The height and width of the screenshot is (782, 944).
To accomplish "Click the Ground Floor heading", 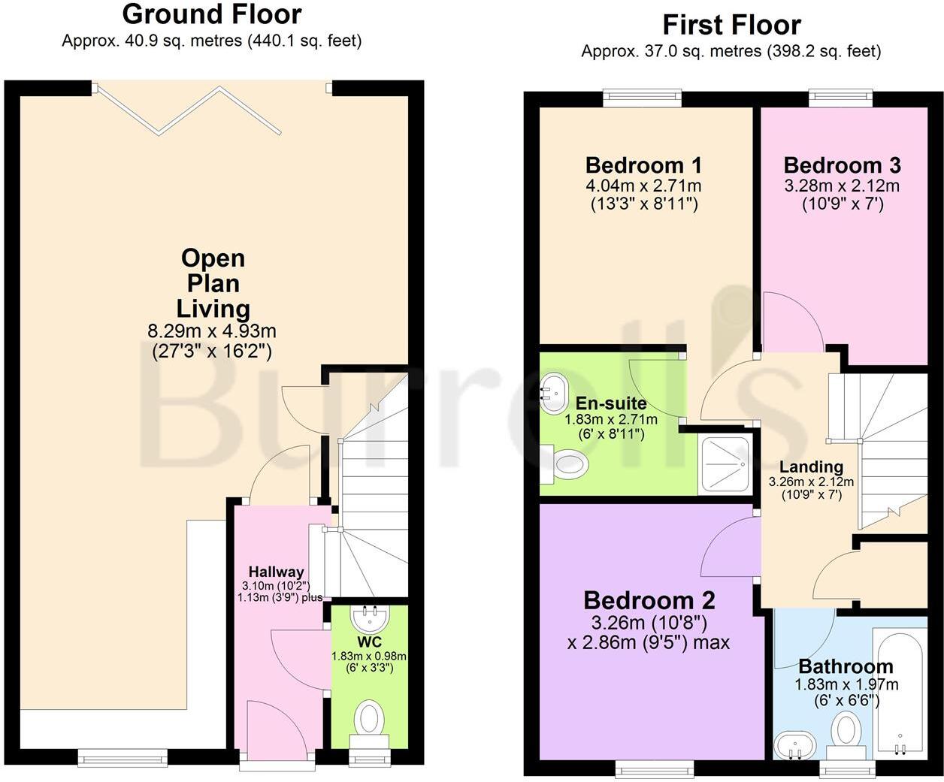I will [212, 14].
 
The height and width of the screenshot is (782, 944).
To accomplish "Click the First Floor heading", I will [731, 25].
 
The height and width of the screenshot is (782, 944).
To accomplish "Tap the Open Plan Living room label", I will [213, 283].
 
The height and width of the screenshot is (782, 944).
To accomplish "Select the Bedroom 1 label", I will [643, 165].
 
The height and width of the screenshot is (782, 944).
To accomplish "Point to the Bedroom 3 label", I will [842, 165].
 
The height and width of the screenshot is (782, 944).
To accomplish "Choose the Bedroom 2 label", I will [649, 600].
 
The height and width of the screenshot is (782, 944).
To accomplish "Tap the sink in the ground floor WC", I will [371, 617].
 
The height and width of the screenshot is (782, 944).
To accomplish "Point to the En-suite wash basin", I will [554, 390].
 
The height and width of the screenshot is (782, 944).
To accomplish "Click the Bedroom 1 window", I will [643, 97].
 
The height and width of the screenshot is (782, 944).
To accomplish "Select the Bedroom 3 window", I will [841, 97].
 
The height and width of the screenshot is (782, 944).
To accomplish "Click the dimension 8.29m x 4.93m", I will [213, 331].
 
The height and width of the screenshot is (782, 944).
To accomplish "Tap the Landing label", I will [811, 466].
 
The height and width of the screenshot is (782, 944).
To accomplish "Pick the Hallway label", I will [276, 572].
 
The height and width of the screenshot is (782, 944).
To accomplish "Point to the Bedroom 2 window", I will [655, 767].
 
